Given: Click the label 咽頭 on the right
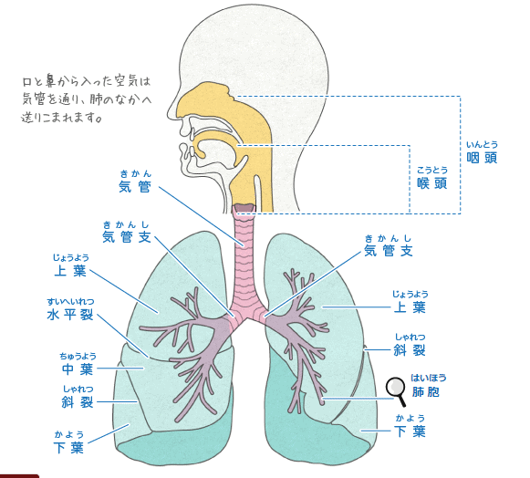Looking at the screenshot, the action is click(x=482, y=158).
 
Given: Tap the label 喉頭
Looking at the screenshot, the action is click(x=432, y=183).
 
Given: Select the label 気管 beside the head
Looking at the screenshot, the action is click(x=134, y=187).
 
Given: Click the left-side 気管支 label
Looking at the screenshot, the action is click(x=127, y=237).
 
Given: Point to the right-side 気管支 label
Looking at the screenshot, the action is click(x=389, y=251).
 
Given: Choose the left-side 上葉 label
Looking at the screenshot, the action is click(x=70, y=271).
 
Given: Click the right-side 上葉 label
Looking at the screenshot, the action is click(x=410, y=307).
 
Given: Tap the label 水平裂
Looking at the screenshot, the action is click(x=70, y=315).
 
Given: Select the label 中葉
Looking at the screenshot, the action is click(x=78, y=369).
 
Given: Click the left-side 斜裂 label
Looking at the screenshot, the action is click(x=78, y=402).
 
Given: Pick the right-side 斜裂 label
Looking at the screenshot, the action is click(x=410, y=350).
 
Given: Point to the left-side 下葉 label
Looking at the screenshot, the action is click(x=68, y=448).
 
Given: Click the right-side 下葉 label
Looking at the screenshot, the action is click(x=410, y=431).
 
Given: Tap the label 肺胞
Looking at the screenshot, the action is click(x=426, y=392).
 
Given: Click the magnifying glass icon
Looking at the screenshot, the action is click(x=396, y=390).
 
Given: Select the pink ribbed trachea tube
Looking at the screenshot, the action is click(x=244, y=267).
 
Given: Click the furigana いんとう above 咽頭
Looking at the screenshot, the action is click(x=482, y=145).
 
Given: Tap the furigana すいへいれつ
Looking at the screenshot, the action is click(x=70, y=301).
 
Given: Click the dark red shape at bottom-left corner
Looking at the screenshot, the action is click(x=19, y=476).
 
